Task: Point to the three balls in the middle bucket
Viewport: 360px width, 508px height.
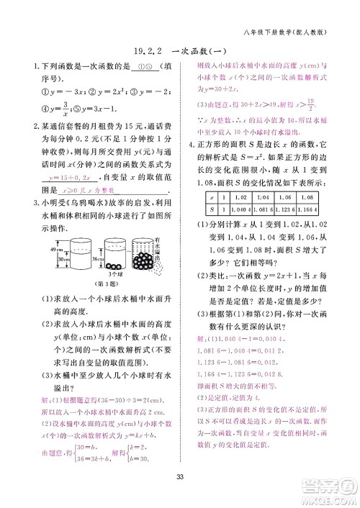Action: pos(112,268)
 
